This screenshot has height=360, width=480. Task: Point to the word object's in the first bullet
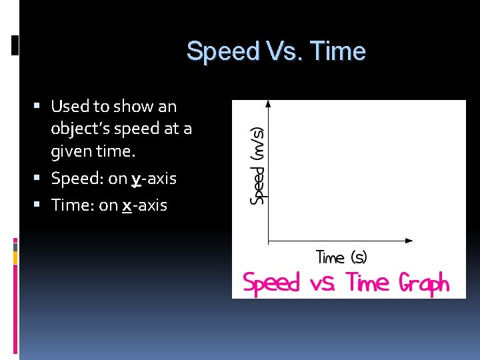[x=83, y=129]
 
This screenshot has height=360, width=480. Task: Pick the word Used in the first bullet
[x=70, y=106]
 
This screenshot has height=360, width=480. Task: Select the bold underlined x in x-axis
[x=126, y=205]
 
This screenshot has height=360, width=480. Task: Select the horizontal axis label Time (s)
[x=341, y=257]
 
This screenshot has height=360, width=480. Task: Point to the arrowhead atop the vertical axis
[x=267, y=103]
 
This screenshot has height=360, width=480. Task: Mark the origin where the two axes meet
[x=267, y=240]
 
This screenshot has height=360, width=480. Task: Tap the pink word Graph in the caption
[x=423, y=283]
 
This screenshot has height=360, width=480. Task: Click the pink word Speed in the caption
[x=271, y=284]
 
